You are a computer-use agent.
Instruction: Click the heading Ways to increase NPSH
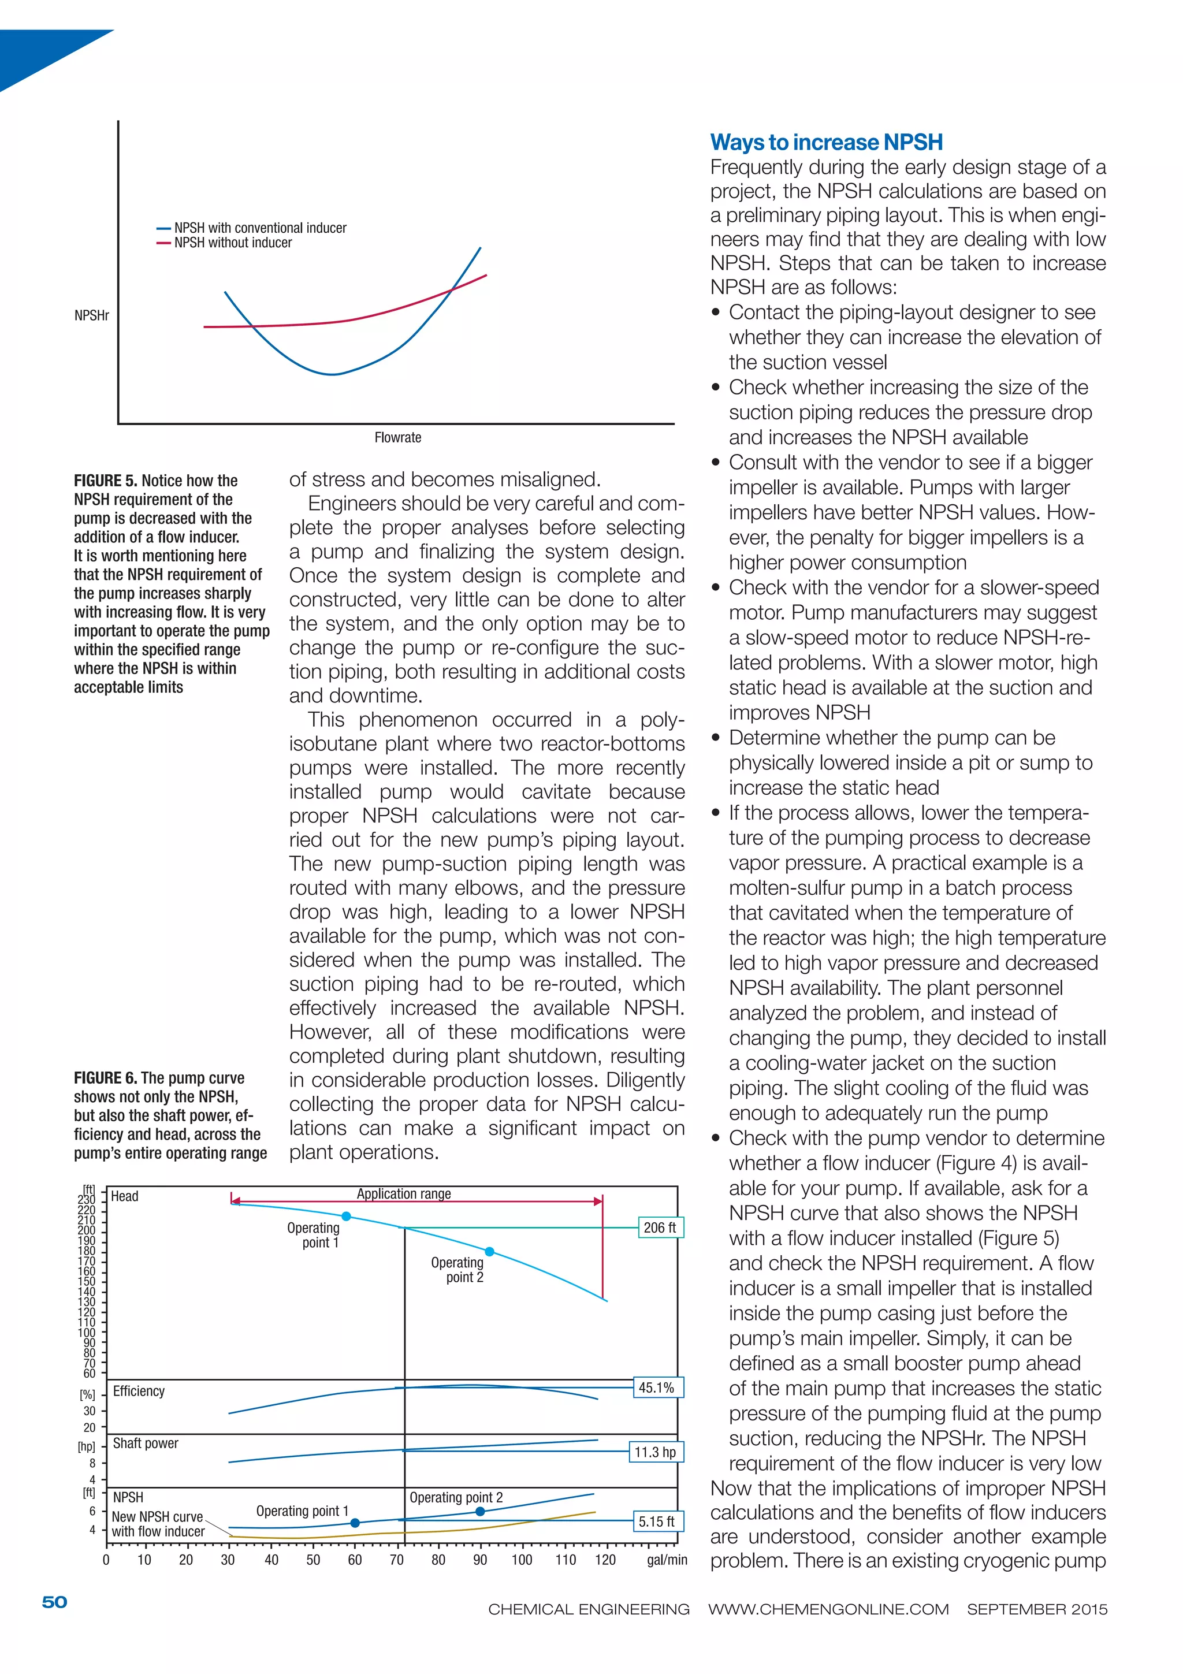[x=826, y=142]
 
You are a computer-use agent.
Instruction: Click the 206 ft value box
[x=660, y=1228]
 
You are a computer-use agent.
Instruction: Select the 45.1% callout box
[x=657, y=1387]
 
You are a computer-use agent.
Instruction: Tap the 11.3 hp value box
[x=655, y=1452]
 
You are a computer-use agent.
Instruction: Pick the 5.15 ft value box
[x=656, y=1522]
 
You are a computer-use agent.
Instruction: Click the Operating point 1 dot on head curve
[x=346, y=1216]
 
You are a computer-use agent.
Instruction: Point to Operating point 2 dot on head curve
[x=490, y=1252]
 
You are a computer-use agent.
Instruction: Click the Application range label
[x=403, y=1194]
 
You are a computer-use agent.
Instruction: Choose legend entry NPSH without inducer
[x=233, y=243]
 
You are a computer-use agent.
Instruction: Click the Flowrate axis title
[x=397, y=437]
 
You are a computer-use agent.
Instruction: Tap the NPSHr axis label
[x=92, y=316]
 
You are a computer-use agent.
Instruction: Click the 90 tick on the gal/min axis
[x=479, y=1560]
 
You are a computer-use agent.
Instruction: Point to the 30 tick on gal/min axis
[x=228, y=1560]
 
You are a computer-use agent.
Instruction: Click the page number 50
[x=55, y=1602]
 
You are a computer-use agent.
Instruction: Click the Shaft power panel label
[x=145, y=1444]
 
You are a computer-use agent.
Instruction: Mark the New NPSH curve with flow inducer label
[x=158, y=1524]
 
